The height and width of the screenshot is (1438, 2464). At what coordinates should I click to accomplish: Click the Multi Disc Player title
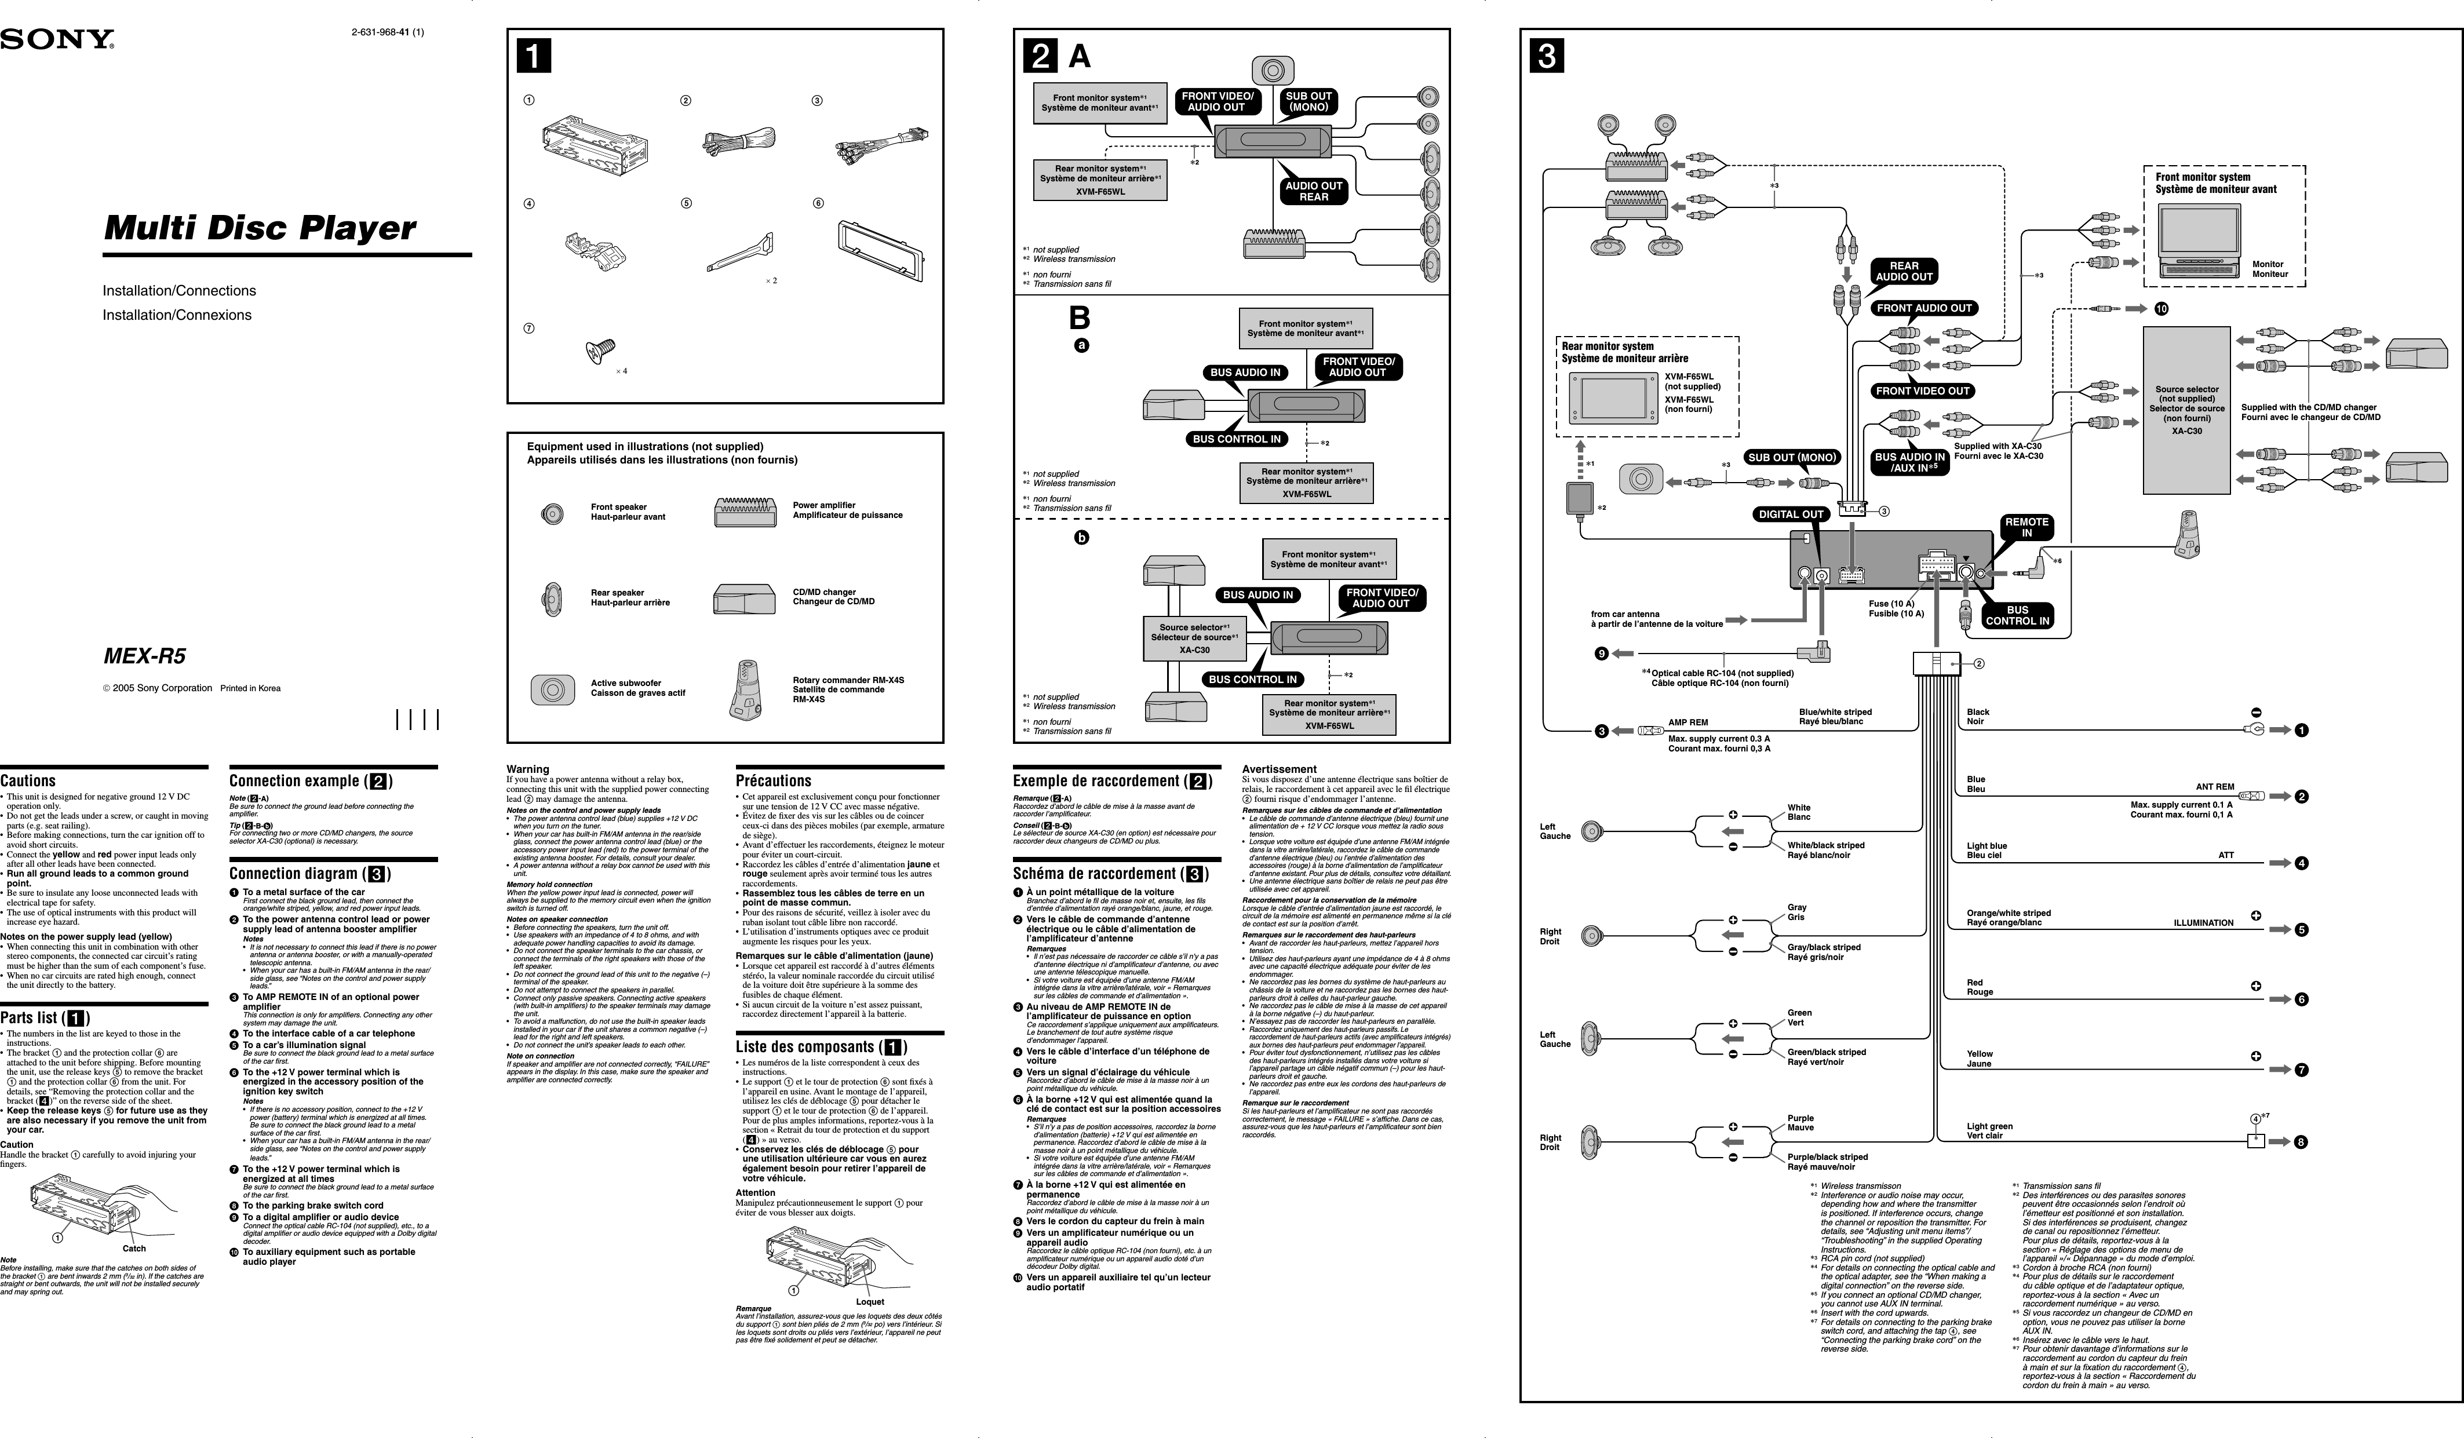pos(260,228)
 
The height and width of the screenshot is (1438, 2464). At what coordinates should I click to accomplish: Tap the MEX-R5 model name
pos(145,656)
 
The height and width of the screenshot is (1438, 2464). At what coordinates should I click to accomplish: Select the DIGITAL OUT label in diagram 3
pos(1791,514)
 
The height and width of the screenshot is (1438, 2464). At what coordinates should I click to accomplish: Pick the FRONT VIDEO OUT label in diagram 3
pos(1922,391)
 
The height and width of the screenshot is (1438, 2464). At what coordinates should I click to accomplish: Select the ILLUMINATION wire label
pos(2203,923)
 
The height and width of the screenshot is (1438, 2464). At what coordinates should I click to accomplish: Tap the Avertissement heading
pos(1279,769)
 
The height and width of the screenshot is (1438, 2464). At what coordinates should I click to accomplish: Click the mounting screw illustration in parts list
pos(599,349)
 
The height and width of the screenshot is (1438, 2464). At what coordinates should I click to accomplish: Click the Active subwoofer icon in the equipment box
pos(552,689)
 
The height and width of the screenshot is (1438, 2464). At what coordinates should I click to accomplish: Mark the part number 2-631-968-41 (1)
pos(387,32)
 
